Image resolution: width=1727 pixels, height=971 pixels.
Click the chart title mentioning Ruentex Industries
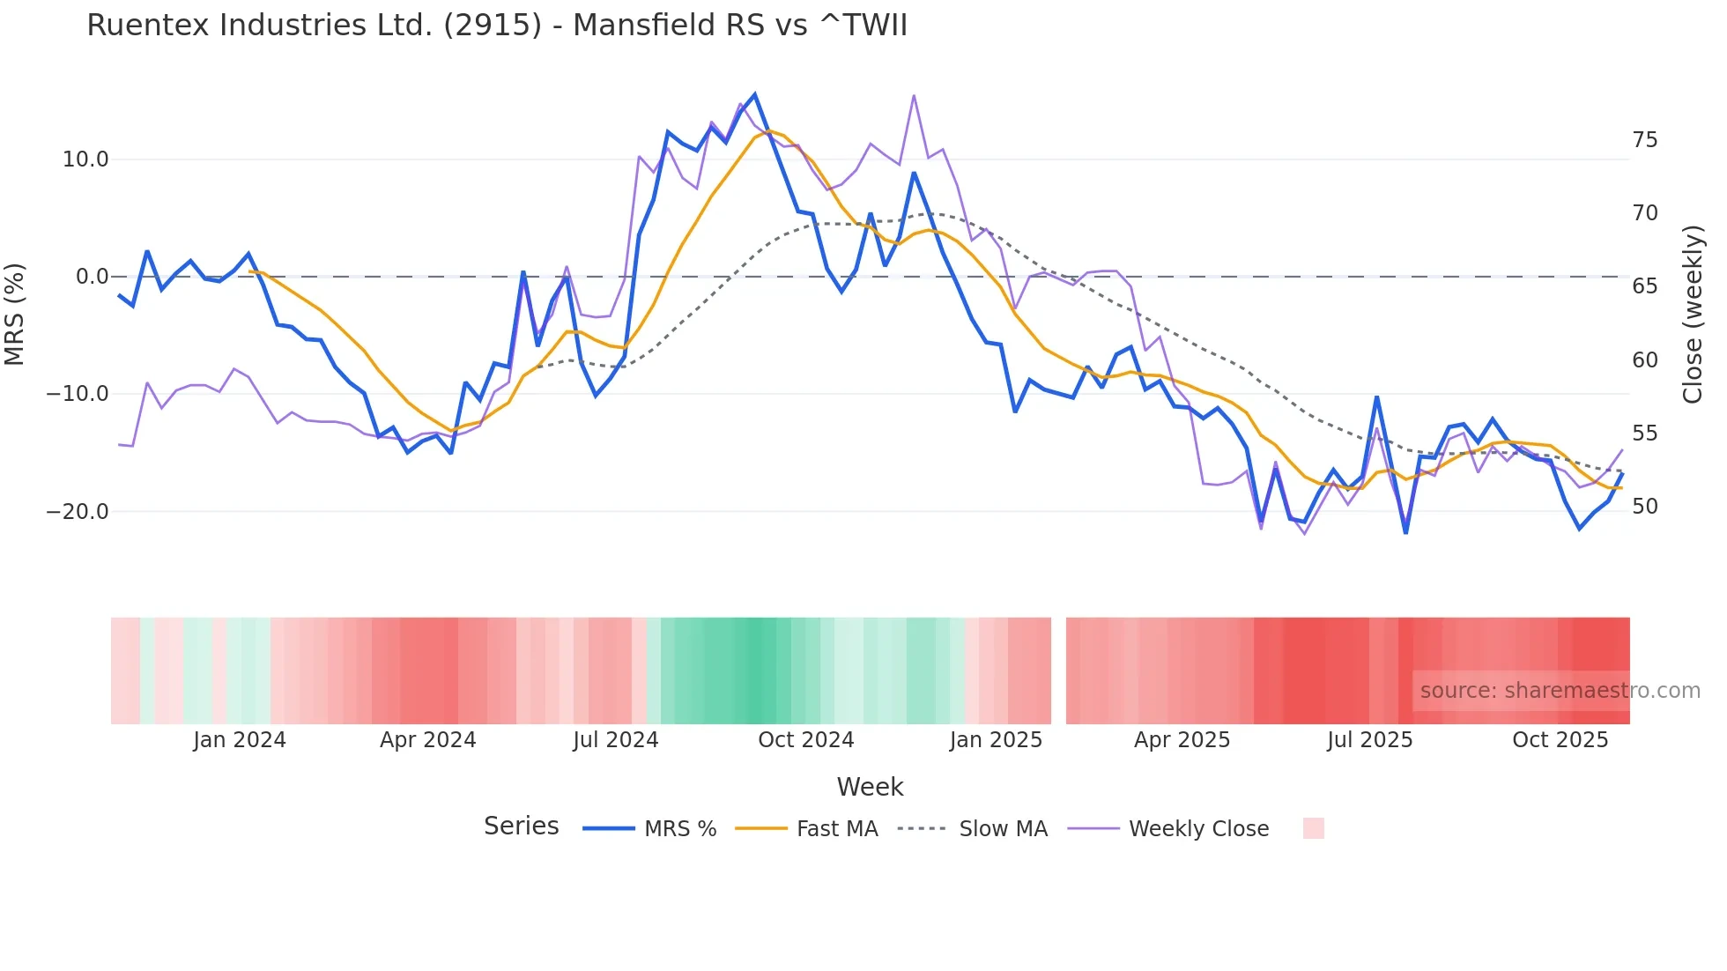point(497,26)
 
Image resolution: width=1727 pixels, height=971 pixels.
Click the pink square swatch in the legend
point(1313,828)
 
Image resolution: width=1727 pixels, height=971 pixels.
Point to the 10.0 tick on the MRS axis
point(85,159)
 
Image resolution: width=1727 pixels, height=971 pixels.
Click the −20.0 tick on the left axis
point(78,512)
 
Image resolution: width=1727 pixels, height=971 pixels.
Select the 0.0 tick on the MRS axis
point(92,277)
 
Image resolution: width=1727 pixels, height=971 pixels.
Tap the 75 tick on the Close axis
point(1644,140)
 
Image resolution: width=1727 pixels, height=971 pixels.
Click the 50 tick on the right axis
point(1644,507)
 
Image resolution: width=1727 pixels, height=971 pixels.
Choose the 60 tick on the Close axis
point(1644,359)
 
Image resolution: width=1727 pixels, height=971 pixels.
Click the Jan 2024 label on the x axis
point(240,740)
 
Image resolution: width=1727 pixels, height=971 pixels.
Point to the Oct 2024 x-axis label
point(805,740)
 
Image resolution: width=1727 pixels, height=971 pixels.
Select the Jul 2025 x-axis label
point(1369,740)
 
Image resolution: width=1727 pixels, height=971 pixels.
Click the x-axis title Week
point(870,787)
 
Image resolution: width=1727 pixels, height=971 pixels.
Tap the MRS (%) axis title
point(15,314)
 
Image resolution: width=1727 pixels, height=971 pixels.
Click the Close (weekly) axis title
point(1693,314)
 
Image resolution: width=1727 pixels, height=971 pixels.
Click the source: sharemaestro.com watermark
point(1560,691)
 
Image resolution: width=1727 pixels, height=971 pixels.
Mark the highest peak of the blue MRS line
point(754,94)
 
